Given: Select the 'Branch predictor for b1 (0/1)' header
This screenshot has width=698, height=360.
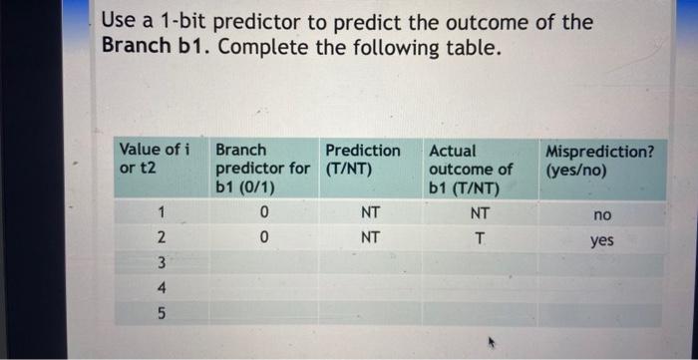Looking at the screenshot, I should click(262, 169).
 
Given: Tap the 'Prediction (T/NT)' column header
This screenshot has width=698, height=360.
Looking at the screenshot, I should click(363, 160).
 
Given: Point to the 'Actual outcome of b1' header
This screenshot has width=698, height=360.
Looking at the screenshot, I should click(471, 169).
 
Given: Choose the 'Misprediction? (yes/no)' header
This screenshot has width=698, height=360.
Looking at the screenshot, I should click(600, 160).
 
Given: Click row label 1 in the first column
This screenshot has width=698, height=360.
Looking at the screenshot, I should click(161, 211).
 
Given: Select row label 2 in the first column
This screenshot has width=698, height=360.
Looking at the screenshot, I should click(161, 237).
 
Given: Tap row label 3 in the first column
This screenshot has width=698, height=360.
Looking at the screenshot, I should click(161, 264).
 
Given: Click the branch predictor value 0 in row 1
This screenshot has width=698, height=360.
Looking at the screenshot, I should click(263, 212).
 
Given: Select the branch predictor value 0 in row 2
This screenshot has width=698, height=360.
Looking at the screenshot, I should click(263, 238).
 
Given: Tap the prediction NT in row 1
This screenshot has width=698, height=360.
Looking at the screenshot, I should click(370, 212).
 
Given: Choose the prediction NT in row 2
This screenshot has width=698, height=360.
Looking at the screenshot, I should click(370, 238).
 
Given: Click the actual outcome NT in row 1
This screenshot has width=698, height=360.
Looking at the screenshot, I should click(480, 212).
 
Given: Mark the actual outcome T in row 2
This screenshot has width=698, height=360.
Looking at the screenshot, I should click(480, 238).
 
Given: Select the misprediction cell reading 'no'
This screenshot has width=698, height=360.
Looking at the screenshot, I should click(601, 215).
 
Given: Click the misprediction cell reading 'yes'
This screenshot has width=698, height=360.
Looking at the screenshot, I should click(601, 241).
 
